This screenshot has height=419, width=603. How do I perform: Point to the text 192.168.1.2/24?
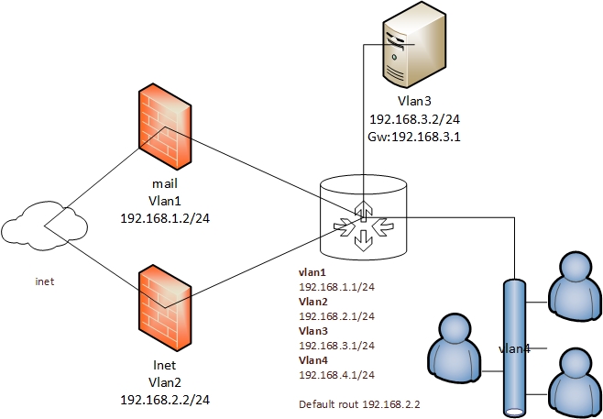(x=165, y=221)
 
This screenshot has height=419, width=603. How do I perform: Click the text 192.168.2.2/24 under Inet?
(x=165, y=401)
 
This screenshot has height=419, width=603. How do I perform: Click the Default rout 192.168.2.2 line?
(x=352, y=403)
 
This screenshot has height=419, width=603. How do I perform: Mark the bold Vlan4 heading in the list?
(x=312, y=361)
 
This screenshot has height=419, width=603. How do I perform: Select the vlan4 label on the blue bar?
(x=516, y=348)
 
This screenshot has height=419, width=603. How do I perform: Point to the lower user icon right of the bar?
(x=574, y=381)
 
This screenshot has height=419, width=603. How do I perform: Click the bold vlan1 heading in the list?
(x=312, y=272)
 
